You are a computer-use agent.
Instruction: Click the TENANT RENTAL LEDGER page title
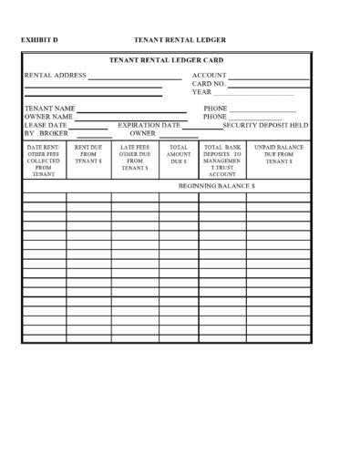180,40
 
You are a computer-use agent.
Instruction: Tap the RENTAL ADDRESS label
55,75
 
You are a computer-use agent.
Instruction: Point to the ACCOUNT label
211,75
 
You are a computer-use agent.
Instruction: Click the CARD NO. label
209,83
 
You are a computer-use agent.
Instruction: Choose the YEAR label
201,91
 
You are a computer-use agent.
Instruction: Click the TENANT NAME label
50,109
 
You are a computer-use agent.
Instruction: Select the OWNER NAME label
49,117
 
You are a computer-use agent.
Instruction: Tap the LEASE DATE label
46,125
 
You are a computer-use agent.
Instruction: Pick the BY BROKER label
43,133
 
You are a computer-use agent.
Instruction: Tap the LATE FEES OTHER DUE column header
134,155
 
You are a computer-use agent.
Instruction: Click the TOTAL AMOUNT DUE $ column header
179,153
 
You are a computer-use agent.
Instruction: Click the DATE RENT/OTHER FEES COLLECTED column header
43,160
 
